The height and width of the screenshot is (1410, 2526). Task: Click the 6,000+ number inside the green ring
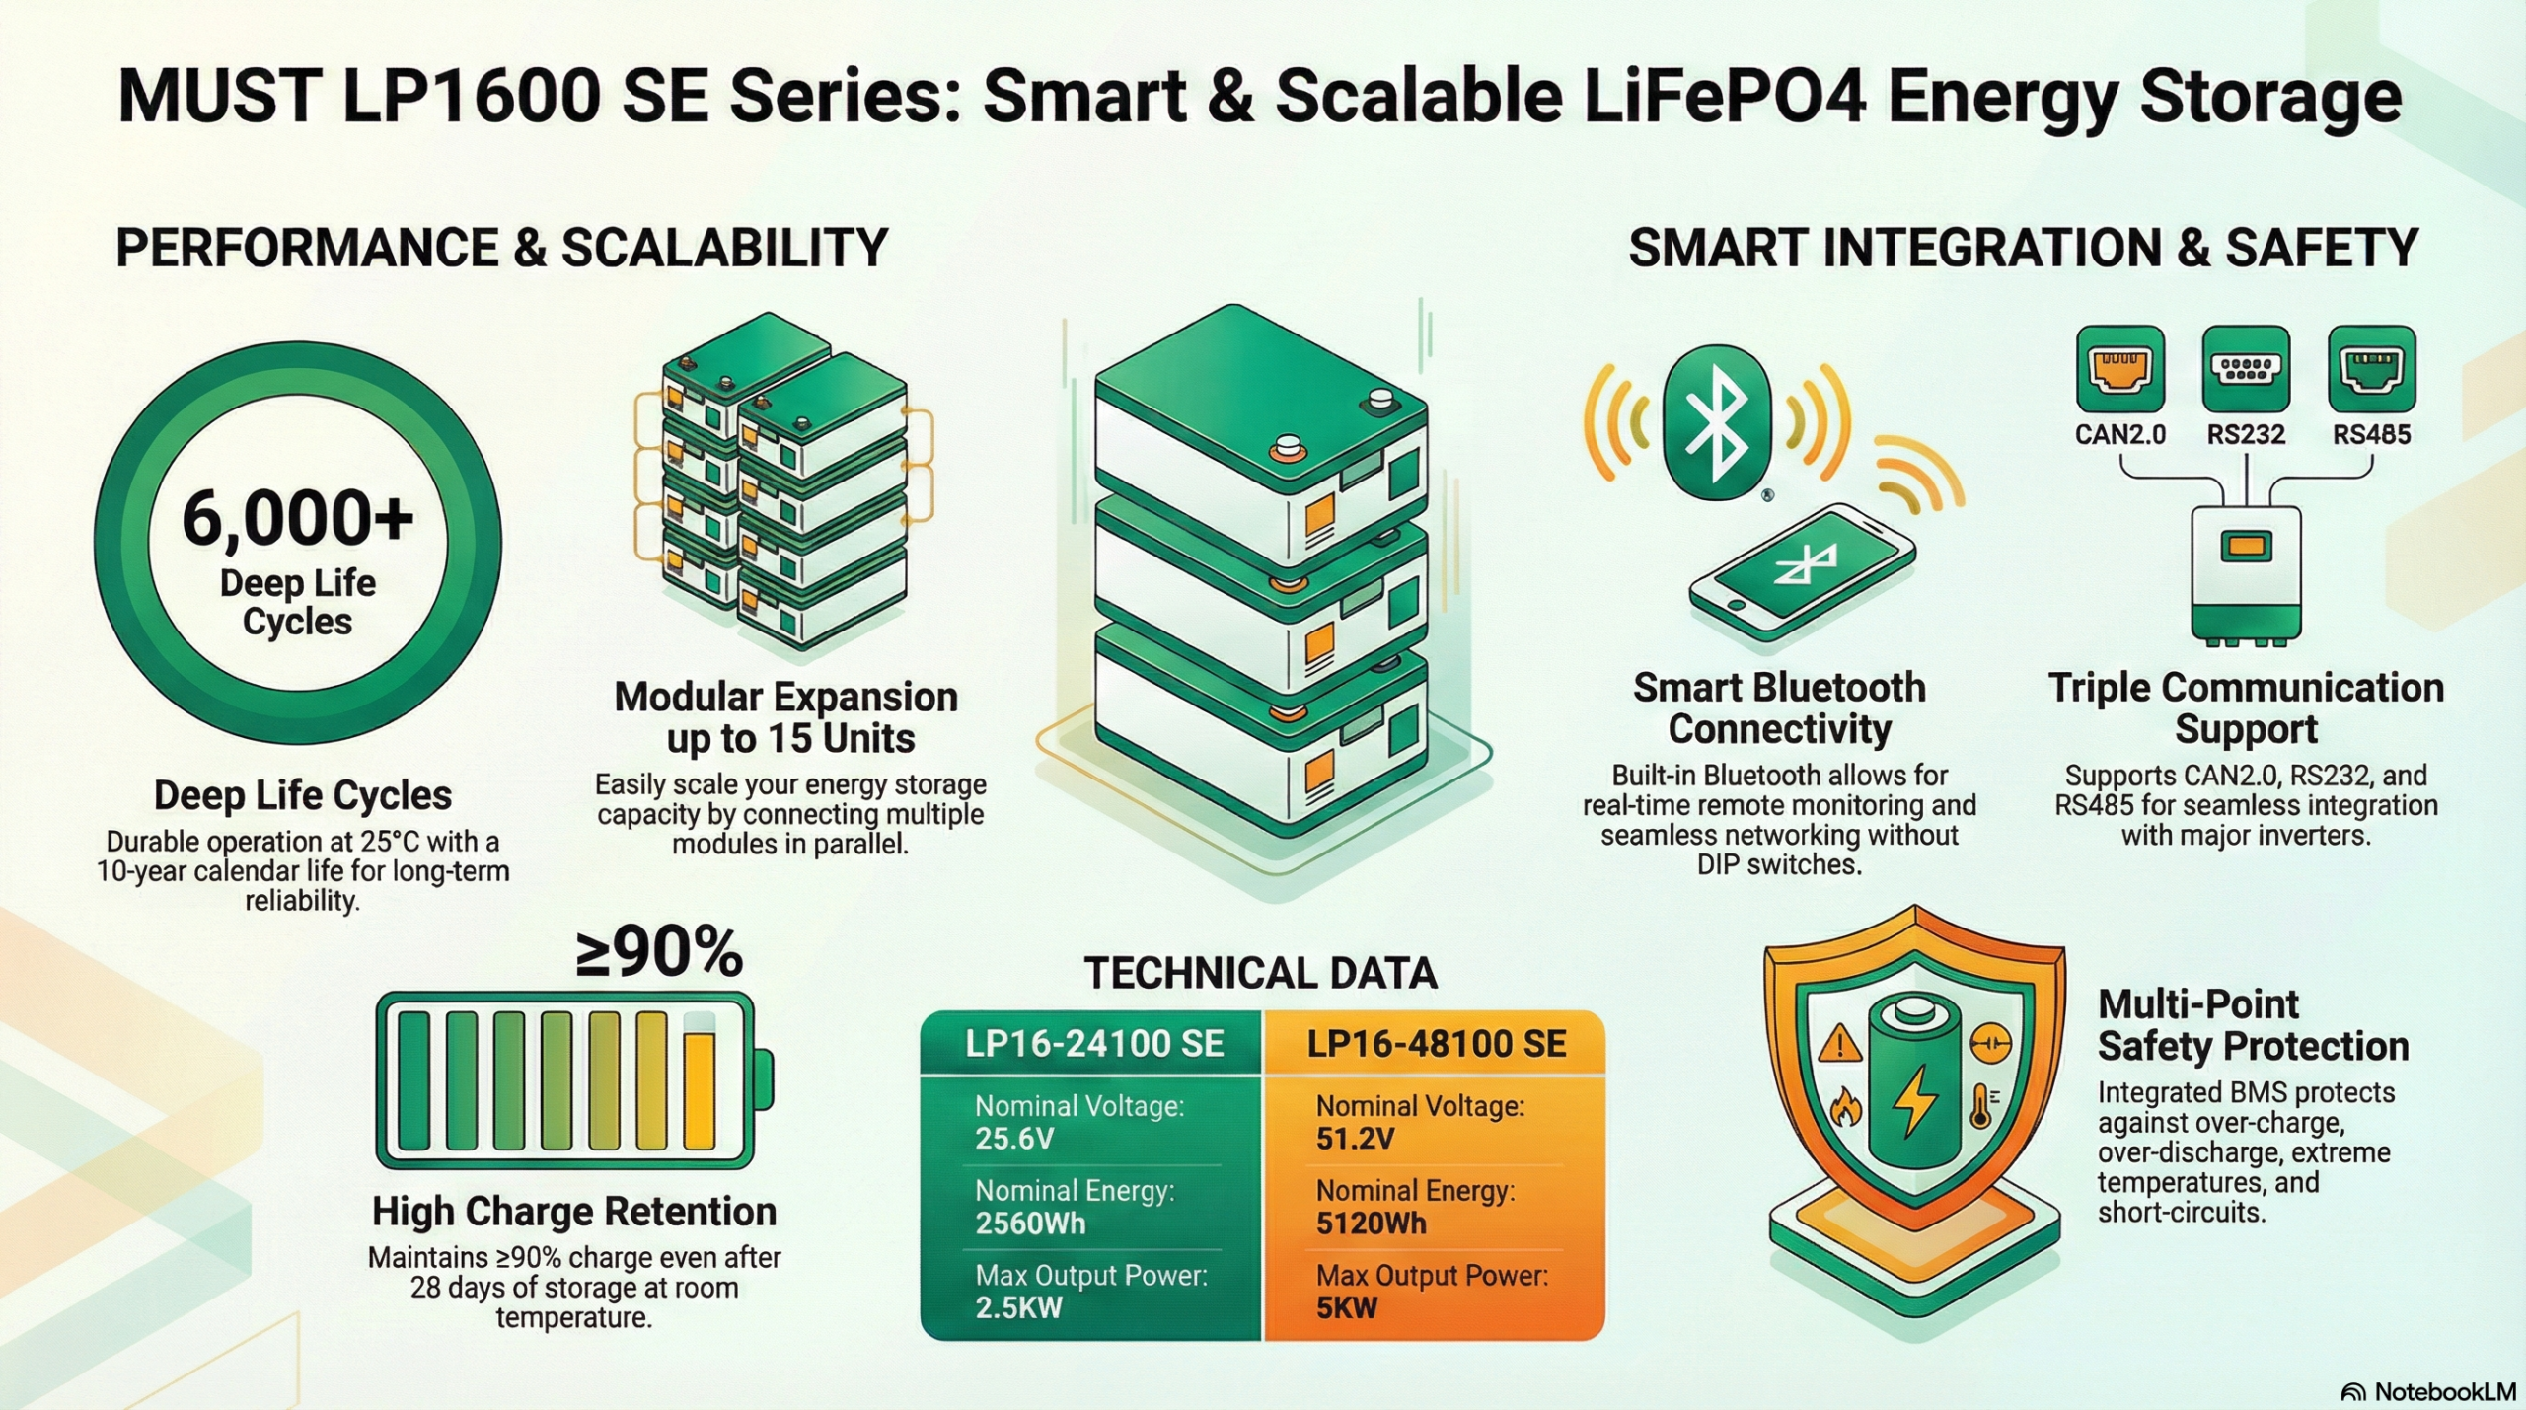297,517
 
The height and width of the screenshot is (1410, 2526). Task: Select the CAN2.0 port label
2119,435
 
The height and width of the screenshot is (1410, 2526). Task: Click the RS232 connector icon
2246,369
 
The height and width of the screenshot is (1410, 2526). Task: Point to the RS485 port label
2371,435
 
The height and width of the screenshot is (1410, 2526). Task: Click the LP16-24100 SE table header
1094,1044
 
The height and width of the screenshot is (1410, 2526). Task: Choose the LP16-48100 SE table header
1437,1044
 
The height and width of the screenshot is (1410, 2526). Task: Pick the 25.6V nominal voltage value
1014,1139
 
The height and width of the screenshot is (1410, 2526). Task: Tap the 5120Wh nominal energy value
1371,1224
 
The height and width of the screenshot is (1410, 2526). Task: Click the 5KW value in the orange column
1346,1308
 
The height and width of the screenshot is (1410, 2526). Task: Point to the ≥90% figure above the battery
659,953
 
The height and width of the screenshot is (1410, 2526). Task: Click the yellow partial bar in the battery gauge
699,1090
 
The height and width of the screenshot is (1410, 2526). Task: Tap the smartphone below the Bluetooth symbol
1802,572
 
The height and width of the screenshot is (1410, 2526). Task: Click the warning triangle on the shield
1839,1043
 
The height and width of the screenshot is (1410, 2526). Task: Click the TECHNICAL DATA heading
1260,973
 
